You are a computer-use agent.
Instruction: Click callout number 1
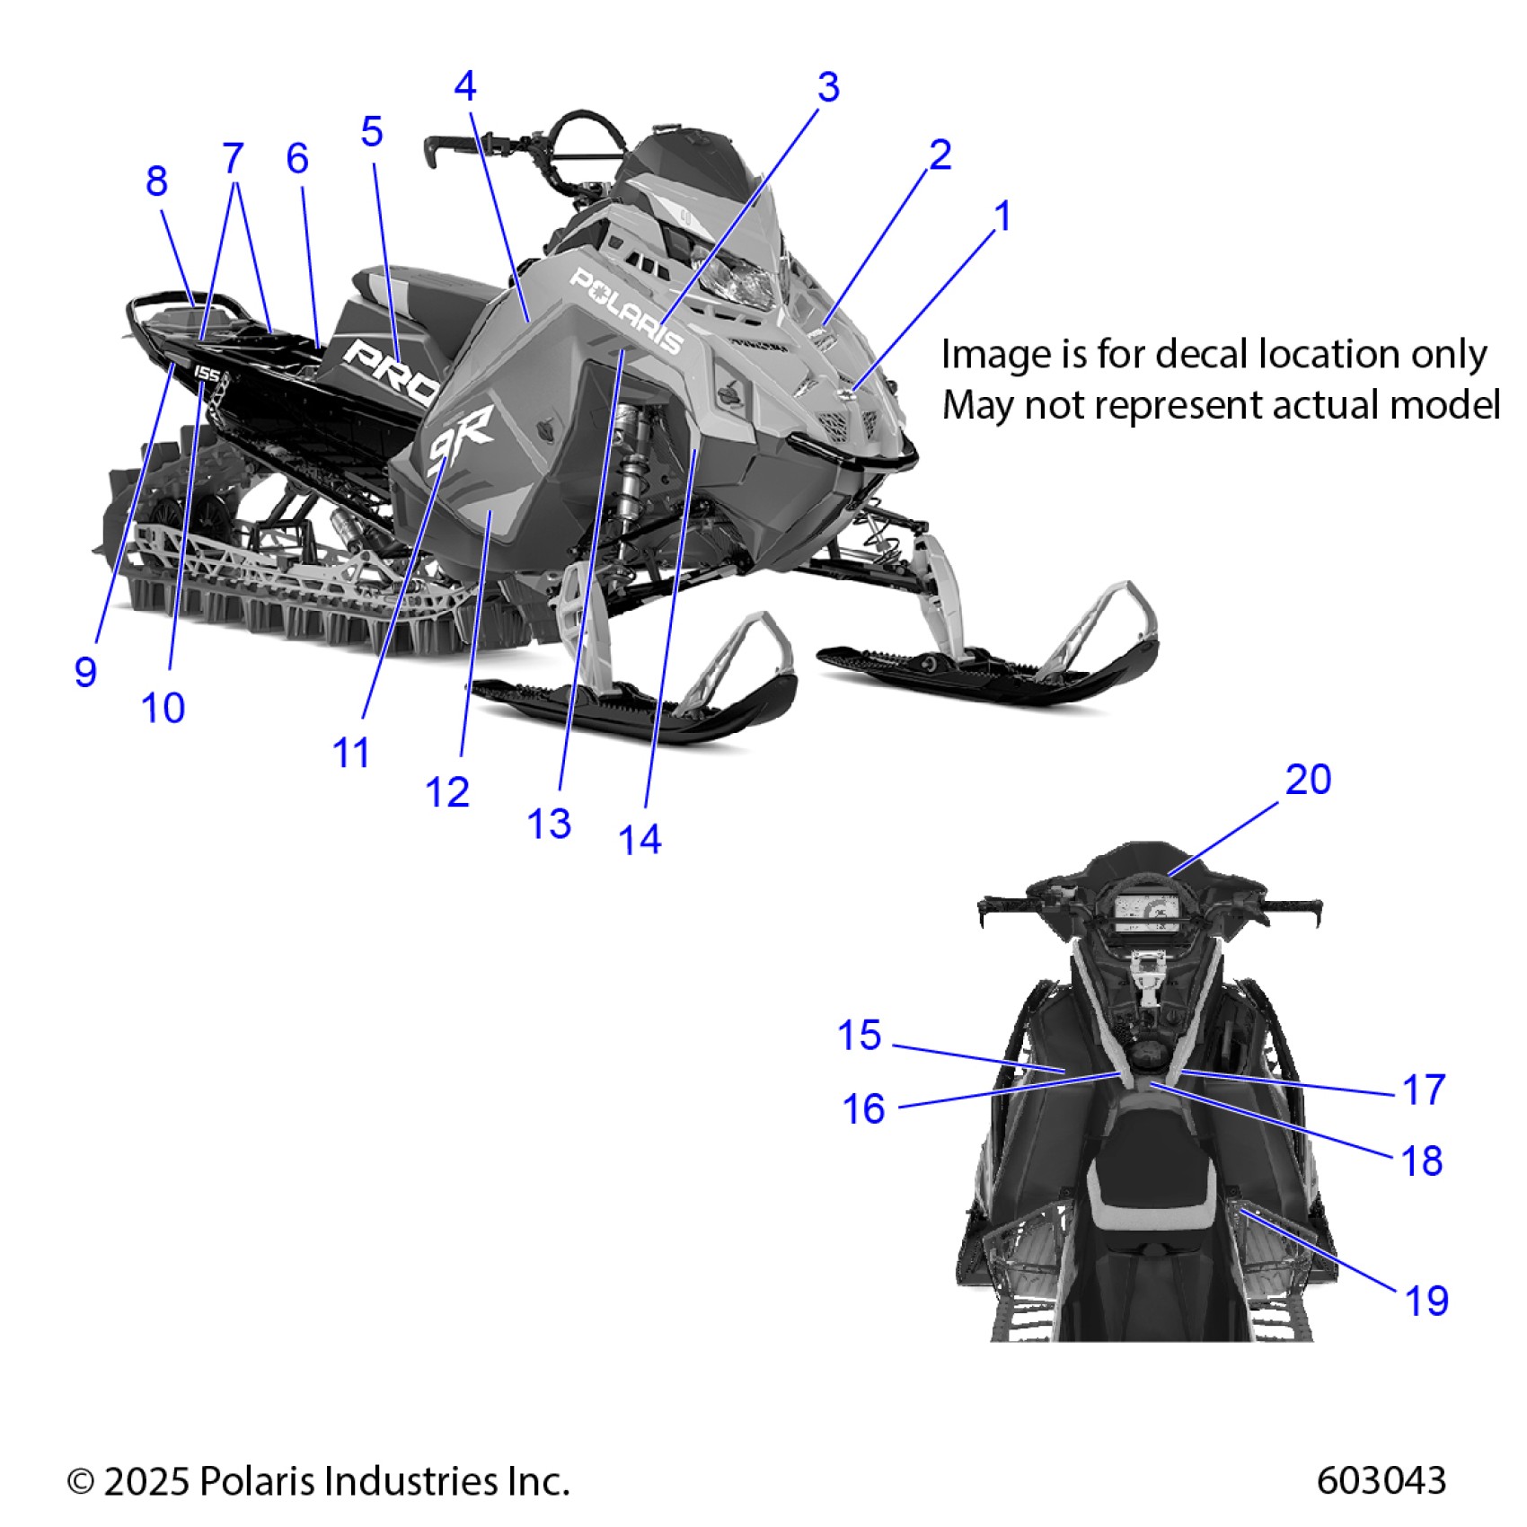pyautogui.click(x=1002, y=216)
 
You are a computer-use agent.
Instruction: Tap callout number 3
pyautogui.click(x=828, y=87)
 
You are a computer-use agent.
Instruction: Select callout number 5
pyautogui.click(x=372, y=132)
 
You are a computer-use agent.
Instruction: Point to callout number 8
pyautogui.click(x=156, y=181)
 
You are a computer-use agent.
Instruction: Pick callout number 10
pyautogui.click(x=163, y=709)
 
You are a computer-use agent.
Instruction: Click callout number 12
pyautogui.click(x=447, y=792)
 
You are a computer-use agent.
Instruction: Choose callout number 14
pyautogui.click(x=640, y=840)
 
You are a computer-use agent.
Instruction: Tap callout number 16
pyautogui.click(x=863, y=1109)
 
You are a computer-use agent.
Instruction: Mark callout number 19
pyautogui.click(x=1426, y=1301)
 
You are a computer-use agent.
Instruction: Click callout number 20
pyautogui.click(x=1308, y=780)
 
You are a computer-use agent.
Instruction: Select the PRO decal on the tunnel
pyautogui.click(x=392, y=369)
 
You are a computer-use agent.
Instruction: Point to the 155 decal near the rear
pyautogui.click(x=207, y=373)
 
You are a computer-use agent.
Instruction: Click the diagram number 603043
pyautogui.click(x=1381, y=1480)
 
